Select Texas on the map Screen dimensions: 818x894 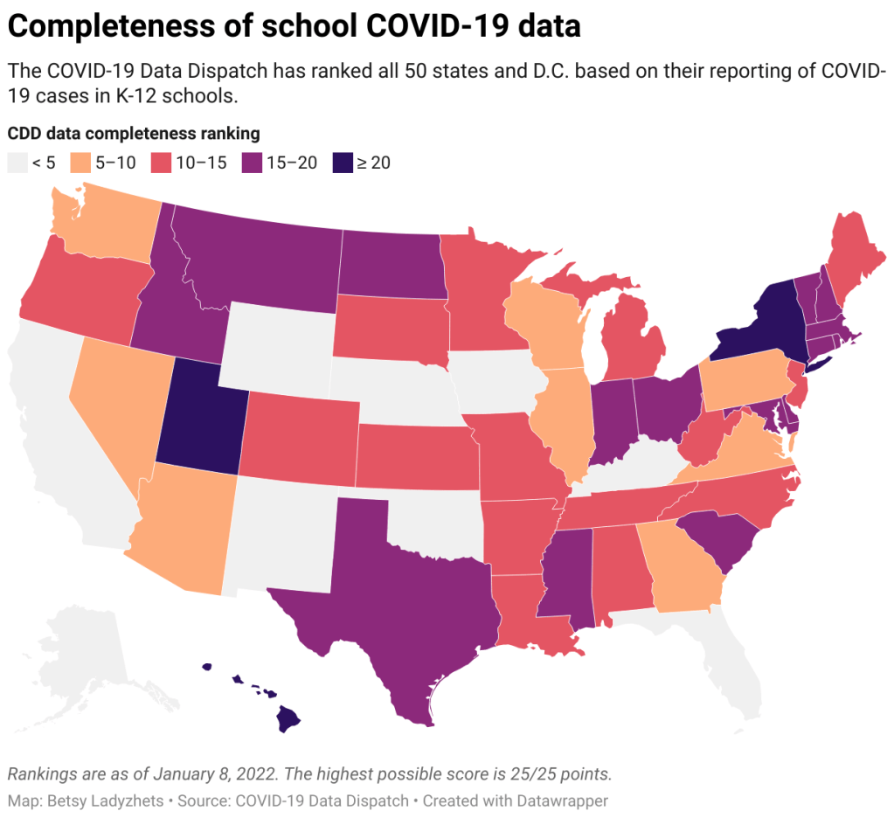pos(385,594)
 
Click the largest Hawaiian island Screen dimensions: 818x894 pos(289,721)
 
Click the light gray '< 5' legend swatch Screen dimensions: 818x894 pos(17,163)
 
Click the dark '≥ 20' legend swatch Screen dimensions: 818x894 pos(342,163)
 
